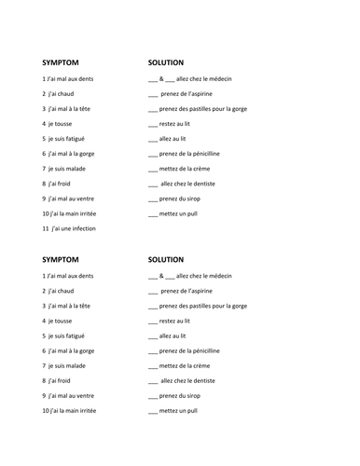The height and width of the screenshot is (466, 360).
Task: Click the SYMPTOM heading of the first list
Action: coord(62,62)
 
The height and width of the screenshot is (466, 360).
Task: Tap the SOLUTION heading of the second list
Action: coord(168,260)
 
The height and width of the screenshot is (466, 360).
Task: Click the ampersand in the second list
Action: coord(161,276)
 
